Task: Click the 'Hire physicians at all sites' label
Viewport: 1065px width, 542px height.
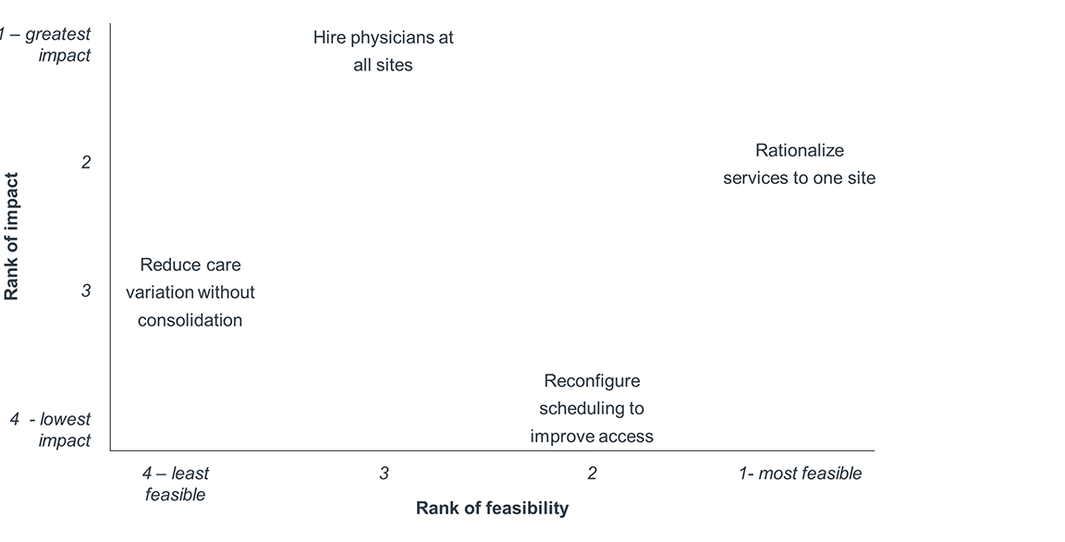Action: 383,52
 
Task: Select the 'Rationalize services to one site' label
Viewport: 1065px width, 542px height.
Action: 799,164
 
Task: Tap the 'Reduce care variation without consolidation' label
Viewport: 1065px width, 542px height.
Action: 190,292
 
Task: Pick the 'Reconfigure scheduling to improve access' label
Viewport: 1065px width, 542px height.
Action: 592,409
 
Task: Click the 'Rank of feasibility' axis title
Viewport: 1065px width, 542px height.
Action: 492,508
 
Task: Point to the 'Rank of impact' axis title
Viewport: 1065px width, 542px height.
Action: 12,236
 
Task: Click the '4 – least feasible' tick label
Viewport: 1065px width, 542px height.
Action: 176,484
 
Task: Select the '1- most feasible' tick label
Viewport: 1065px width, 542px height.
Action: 800,474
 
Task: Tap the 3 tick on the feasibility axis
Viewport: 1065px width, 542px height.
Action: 384,474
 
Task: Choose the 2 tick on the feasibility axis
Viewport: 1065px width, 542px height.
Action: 592,474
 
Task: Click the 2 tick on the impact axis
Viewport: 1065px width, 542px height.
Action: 86,163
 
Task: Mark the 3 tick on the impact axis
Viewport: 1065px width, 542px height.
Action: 86,290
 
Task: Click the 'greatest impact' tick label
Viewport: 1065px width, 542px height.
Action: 51,44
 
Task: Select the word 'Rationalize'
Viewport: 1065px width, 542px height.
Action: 800,150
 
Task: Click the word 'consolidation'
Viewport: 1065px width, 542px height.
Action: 190,321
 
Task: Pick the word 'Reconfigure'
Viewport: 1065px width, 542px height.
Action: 592,381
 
